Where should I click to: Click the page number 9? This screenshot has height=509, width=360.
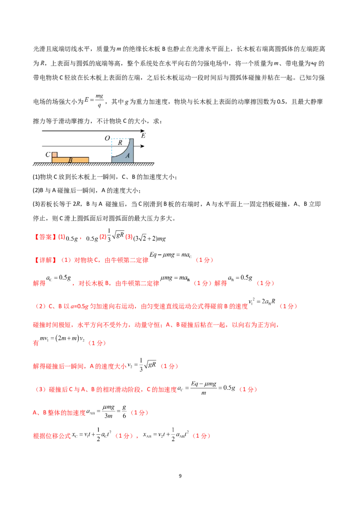[180, 476]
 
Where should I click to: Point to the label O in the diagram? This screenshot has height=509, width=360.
[107, 138]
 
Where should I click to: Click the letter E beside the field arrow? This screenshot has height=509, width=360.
[143, 136]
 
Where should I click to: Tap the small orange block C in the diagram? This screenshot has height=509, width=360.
[54, 155]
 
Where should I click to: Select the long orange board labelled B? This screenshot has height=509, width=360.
[70, 160]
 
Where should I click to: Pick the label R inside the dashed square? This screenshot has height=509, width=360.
[120, 143]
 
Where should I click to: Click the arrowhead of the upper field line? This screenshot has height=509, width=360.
[143, 131]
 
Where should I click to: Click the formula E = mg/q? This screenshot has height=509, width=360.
[94, 101]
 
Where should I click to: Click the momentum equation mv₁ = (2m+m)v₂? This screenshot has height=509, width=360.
[62, 339]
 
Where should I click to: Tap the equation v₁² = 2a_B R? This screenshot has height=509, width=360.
[262, 302]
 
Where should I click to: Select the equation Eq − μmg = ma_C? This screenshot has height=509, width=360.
[171, 255]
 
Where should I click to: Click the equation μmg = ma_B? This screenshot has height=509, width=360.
[175, 278]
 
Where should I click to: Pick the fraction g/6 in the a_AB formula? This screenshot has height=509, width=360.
[124, 411]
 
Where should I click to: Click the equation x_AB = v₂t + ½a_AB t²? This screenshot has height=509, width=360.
[166, 434]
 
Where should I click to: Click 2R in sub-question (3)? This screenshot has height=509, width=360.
[76, 204]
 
